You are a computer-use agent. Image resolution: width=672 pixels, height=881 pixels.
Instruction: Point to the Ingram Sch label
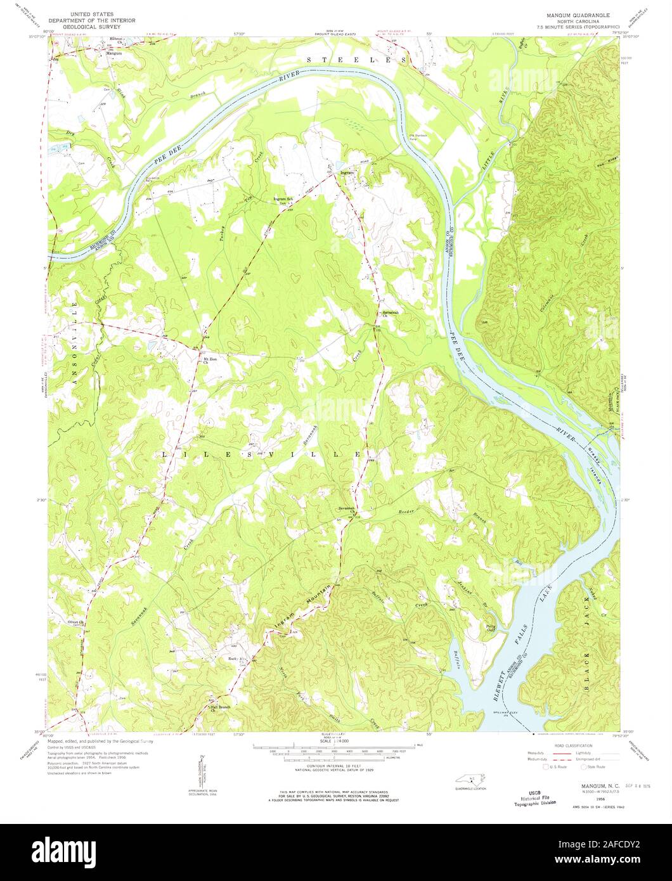point(283,199)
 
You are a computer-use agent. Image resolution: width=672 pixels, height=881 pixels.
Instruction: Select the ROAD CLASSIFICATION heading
point(578,746)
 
